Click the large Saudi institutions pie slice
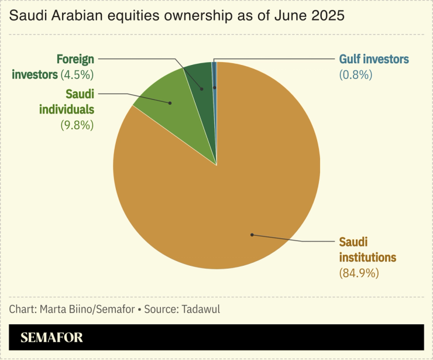tap(234, 193)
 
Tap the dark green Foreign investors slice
tap(199, 79)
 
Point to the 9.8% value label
tap(77, 125)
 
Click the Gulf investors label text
tap(374, 59)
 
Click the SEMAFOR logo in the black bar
tap(51, 338)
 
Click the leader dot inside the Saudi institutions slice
tap(252, 235)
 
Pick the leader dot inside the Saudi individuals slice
tap(170, 103)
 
